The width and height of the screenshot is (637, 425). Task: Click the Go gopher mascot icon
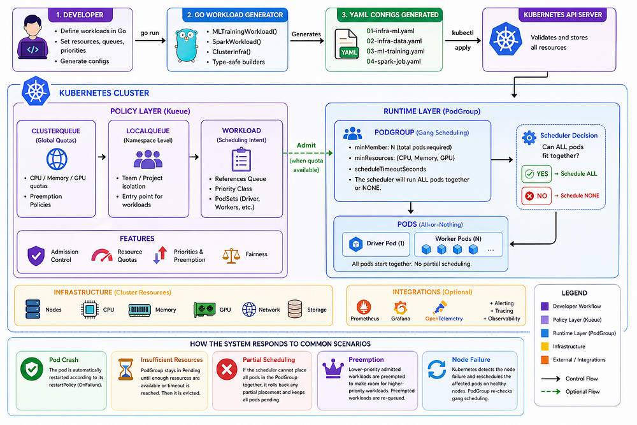[187, 45]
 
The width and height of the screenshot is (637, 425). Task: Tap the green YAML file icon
[346, 44]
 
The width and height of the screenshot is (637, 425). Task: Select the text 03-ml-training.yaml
[396, 51]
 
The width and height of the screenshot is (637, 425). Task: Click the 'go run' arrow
[150, 40]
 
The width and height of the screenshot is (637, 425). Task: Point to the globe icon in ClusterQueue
[57, 159]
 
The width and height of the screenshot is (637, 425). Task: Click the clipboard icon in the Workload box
[241, 160]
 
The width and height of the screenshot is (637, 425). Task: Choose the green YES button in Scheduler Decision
[536, 174]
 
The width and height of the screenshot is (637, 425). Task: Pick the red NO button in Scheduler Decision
[536, 196]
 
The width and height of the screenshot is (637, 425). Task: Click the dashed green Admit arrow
[308, 153]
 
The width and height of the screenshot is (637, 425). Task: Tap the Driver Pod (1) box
[376, 244]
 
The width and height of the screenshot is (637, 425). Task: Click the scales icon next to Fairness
[231, 255]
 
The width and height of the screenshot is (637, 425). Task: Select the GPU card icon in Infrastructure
[204, 310]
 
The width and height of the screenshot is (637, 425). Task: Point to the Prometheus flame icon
[364, 306]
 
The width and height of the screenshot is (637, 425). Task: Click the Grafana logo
[400, 308]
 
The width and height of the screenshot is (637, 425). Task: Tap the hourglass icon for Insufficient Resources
[125, 369]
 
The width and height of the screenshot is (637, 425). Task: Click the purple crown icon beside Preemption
[333, 368]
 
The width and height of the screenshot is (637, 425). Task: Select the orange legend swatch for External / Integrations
[545, 359]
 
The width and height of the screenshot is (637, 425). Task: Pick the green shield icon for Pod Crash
[32, 369]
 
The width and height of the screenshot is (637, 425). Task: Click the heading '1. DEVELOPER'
[80, 15]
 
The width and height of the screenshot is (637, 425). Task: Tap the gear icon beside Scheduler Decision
[529, 138]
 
